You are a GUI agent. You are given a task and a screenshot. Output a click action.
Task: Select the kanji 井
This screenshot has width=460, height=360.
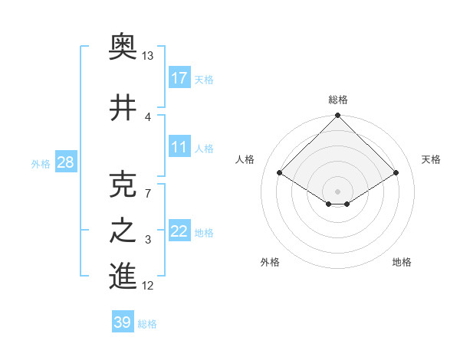point(123,108)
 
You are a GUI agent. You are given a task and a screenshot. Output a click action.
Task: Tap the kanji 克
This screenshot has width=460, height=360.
point(123,185)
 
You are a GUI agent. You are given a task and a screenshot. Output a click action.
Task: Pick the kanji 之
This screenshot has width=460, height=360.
point(123,231)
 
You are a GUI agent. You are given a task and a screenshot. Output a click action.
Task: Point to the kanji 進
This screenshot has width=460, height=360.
point(123,277)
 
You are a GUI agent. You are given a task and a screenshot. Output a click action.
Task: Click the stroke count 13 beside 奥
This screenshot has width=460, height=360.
point(148,56)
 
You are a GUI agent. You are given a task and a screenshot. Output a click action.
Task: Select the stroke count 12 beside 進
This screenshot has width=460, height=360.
point(148,286)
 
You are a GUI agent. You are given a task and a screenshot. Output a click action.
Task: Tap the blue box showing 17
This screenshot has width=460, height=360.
point(179,78)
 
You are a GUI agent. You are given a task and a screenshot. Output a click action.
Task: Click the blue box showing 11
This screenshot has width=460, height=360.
point(179,147)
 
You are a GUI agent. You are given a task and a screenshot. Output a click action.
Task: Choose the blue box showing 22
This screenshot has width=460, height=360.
point(179,231)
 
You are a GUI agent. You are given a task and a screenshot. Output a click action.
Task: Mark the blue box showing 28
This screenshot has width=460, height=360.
point(65,162)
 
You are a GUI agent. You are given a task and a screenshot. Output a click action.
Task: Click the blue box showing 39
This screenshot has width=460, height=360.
point(123,322)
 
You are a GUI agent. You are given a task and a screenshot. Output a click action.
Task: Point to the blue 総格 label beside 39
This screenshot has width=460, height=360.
point(147,324)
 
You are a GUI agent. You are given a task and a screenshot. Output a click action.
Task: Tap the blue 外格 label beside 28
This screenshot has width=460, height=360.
point(41,163)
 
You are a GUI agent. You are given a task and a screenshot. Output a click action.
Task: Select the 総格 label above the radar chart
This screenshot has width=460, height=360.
point(338,100)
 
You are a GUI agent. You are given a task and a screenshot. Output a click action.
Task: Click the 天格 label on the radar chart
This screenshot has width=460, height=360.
point(432,159)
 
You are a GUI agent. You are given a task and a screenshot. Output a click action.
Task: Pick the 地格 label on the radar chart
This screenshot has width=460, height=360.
point(402,262)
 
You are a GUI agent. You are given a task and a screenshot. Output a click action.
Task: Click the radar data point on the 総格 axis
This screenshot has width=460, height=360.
point(338,116)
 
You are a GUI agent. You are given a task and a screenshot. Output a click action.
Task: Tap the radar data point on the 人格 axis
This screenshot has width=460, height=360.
point(280,173)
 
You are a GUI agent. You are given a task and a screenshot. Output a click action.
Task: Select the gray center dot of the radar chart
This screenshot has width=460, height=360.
point(338,190)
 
